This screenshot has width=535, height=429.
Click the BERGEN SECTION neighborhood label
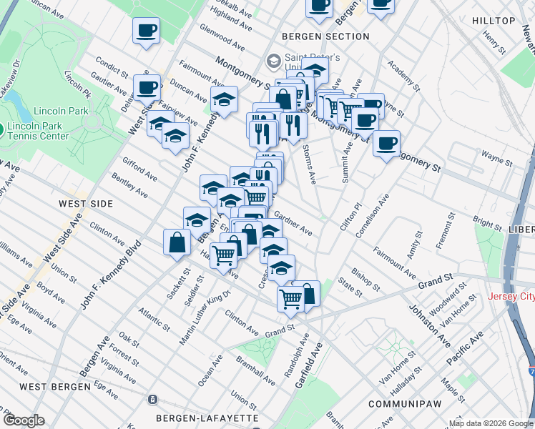pos(325,36)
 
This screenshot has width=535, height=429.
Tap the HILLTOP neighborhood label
pos(494,21)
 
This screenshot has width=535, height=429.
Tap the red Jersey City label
pos(511,297)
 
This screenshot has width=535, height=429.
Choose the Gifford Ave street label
pos(140,169)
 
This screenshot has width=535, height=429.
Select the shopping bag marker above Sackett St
pos(176,242)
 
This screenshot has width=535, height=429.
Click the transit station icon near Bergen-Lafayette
pos(152,399)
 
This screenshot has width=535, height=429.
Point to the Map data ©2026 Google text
pos(491,423)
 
